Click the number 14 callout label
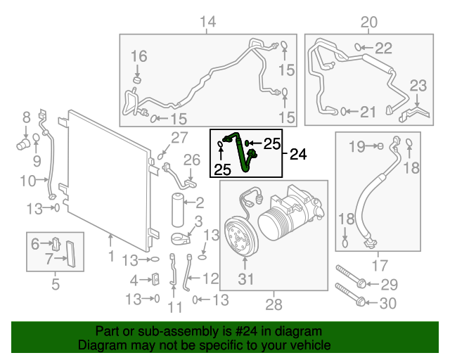pyautogui.click(x=207, y=23)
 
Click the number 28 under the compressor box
pyautogui.click(x=273, y=304)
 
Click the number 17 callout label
pyautogui.click(x=379, y=266)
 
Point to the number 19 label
pyautogui.click(x=357, y=146)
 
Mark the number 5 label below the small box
pyautogui.click(x=55, y=285)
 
